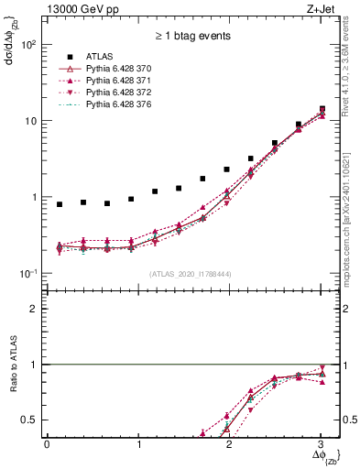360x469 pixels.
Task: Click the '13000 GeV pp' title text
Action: click(x=80, y=11)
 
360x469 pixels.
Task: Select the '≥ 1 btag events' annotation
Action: click(x=192, y=37)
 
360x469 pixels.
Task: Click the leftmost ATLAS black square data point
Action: click(x=60, y=204)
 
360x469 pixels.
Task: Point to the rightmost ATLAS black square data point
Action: click(x=322, y=109)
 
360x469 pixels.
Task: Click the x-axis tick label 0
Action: click(x=47, y=444)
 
